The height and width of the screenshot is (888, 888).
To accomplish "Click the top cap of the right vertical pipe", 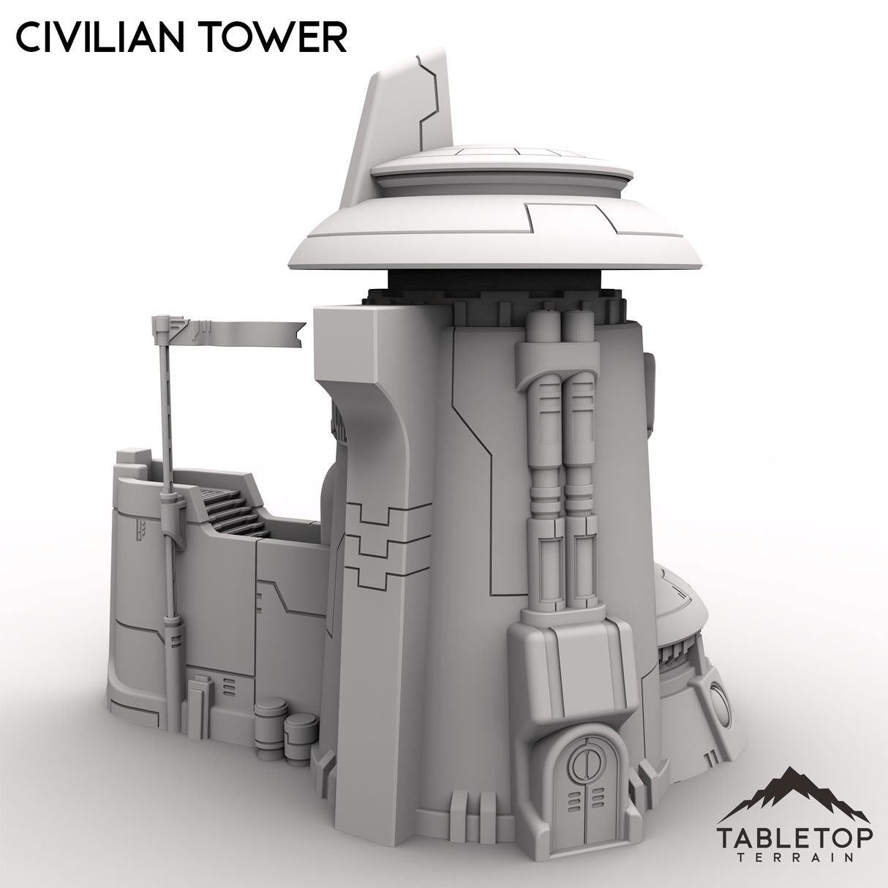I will point(579,324).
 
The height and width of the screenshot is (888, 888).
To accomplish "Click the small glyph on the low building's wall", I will point(138,530).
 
